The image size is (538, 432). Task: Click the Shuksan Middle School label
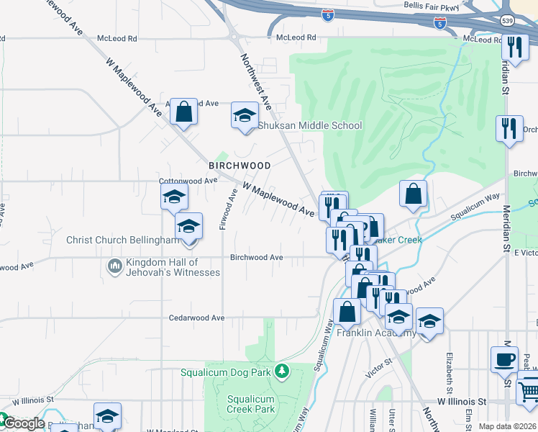310,125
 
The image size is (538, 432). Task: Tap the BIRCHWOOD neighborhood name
240,166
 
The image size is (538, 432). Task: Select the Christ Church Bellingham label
123,240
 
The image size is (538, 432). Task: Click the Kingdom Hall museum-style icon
115,267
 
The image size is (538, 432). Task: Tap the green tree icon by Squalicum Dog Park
283,372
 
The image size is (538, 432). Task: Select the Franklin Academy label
376,333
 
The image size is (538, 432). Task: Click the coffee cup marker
504,358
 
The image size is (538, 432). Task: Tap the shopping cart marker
529,390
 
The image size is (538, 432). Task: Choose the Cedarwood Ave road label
197,318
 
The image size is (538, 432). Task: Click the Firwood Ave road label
227,210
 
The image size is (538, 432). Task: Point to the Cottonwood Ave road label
188,181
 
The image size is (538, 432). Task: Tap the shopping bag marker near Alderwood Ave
184,112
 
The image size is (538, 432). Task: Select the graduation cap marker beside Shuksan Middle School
245,115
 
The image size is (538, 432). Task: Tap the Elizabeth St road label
449,368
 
